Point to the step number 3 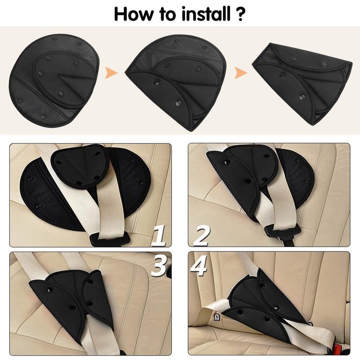[x=159, y=266]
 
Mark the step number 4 [x=198, y=266]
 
